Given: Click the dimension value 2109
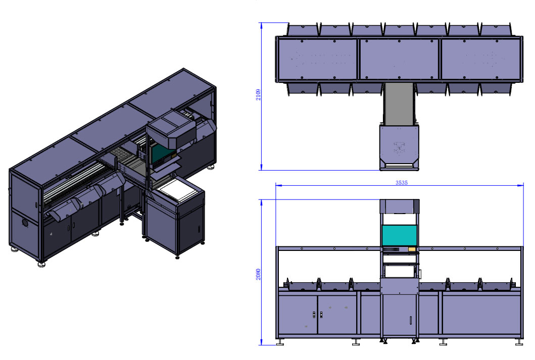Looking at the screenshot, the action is [x=258, y=95].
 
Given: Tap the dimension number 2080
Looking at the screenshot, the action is [x=258, y=275].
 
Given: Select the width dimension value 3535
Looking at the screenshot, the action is [x=402, y=183].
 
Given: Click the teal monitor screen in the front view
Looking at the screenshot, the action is [x=399, y=235].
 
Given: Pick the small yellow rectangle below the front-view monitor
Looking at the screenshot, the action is [x=412, y=249].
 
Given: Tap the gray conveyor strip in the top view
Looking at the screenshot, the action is [x=399, y=104].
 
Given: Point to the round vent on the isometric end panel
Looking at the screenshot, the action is [x=25, y=223].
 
